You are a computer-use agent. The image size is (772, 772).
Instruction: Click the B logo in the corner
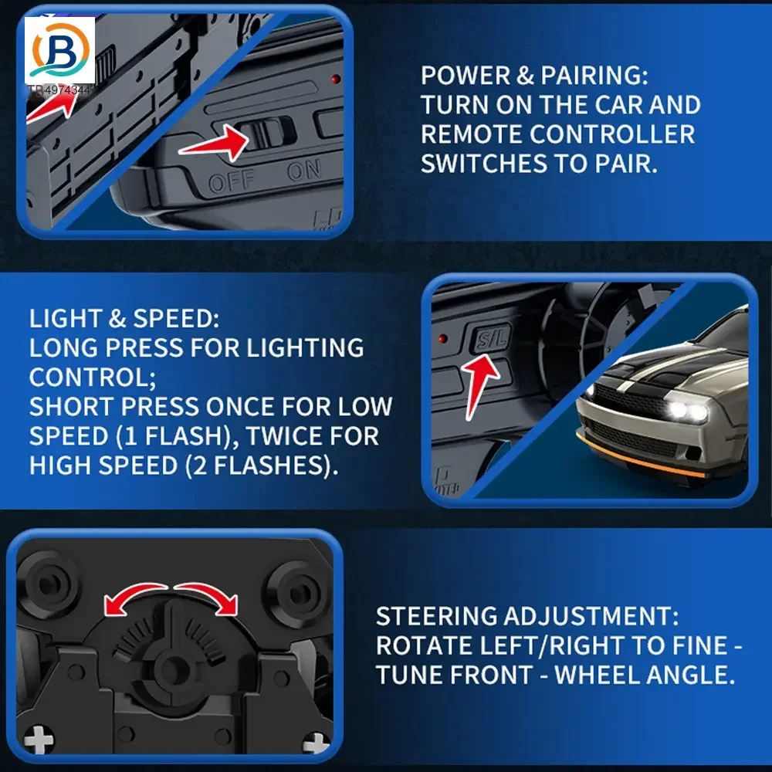point(60,50)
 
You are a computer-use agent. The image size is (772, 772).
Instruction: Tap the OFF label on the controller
point(232,181)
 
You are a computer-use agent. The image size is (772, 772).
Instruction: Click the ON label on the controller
point(304,170)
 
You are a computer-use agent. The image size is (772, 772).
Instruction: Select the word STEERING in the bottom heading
point(436,616)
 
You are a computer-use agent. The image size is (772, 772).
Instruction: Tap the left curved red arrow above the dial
point(134,596)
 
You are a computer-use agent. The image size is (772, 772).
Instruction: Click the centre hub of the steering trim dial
point(172,669)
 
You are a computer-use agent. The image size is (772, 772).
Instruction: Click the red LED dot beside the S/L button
point(442,339)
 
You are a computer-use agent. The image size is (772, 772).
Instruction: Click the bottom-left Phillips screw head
point(38,740)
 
